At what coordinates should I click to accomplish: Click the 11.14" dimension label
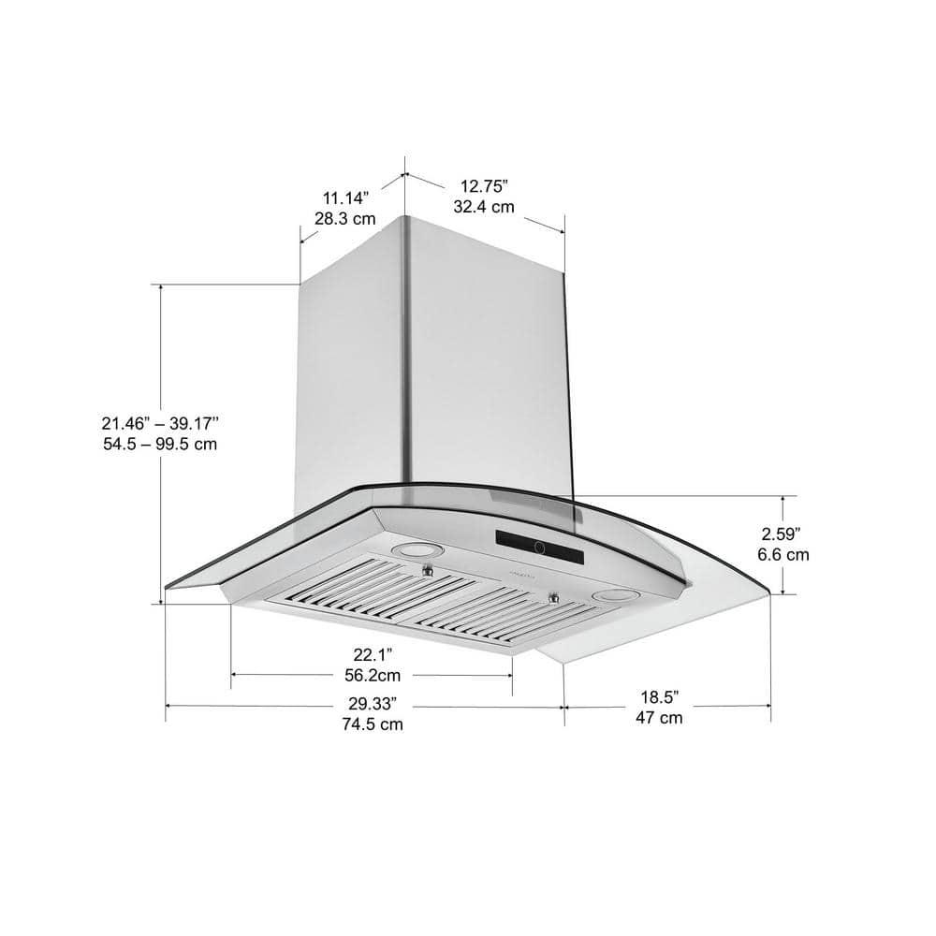346,197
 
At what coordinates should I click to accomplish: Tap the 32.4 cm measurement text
484,207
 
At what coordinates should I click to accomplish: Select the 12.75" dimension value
484,185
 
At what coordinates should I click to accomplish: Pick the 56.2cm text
371,674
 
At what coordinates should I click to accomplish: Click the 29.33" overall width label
372,703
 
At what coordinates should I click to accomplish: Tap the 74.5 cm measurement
372,724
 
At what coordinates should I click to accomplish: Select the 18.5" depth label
659,697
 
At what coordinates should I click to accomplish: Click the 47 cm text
659,719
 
